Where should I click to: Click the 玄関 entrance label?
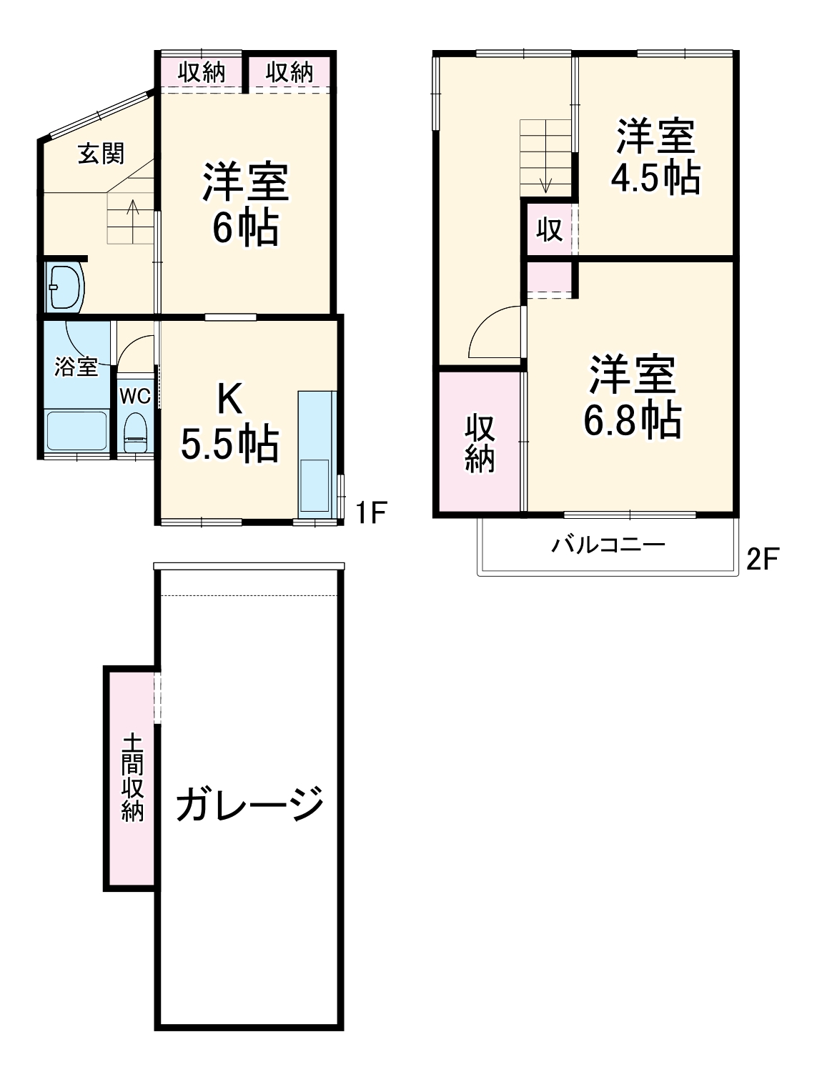click(x=101, y=153)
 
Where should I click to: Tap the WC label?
click(x=134, y=396)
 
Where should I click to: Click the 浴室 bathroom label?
click(x=76, y=367)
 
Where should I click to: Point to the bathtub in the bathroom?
click(x=76, y=430)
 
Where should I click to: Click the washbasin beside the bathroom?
click(x=64, y=287)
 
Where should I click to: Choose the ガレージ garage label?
click(x=249, y=804)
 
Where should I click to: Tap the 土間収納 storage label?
click(x=132, y=777)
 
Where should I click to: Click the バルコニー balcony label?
click(x=608, y=546)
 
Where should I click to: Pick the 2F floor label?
click(x=762, y=560)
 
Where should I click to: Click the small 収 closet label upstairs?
click(x=549, y=230)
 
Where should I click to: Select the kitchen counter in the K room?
click(x=315, y=453)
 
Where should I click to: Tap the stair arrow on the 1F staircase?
click(x=132, y=214)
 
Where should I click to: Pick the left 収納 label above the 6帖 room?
click(x=202, y=72)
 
